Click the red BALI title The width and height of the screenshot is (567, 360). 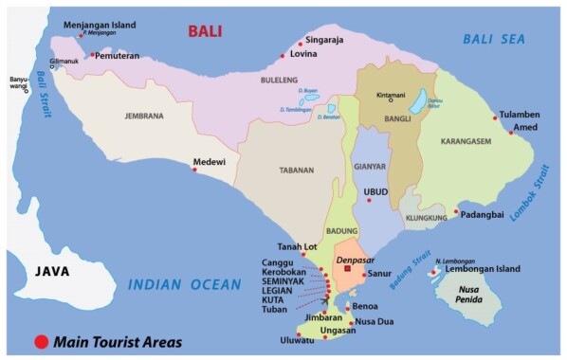[x=204, y=31]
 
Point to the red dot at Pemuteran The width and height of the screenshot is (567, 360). [x=93, y=56]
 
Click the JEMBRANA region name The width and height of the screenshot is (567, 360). [x=144, y=117]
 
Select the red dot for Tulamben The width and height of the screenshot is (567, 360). [x=495, y=117]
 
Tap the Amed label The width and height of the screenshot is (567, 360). [x=526, y=127]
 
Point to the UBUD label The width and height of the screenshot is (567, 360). [x=376, y=191]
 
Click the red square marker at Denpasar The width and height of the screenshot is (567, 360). [x=348, y=269]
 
